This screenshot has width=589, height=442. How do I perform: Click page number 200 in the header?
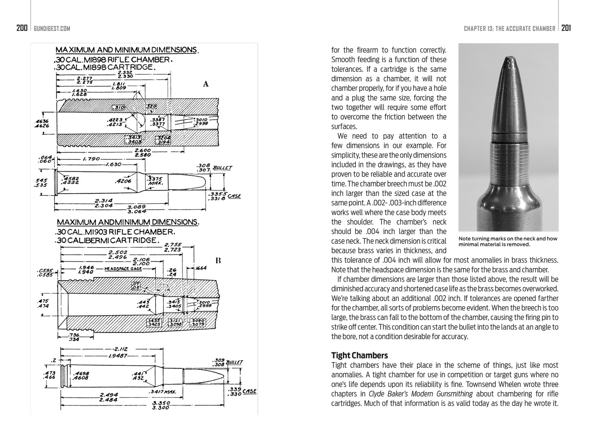[22, 28]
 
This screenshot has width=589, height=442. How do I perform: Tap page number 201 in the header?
[566, 28]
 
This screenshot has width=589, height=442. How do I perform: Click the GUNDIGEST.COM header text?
[52, 29]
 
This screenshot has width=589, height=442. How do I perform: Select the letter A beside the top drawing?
[206, 84]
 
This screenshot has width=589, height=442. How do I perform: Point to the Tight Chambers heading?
[360, 356]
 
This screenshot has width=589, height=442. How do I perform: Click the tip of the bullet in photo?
[510, 61]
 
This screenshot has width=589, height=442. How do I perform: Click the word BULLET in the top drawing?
[222, 168]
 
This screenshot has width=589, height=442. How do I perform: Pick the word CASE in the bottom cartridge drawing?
[249, 391]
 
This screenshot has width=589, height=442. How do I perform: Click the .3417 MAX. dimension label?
[162, 392]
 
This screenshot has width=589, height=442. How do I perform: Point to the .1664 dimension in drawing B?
[200, 268]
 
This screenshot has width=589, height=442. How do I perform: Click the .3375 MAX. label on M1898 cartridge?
[155, 181]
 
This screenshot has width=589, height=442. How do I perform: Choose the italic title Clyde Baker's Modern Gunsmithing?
[421, 394]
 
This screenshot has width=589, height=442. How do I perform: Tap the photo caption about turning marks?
[507, 241]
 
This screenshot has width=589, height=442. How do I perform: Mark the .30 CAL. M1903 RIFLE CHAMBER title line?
[115, 232]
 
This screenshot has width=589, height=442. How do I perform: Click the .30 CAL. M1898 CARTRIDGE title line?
[104, 67]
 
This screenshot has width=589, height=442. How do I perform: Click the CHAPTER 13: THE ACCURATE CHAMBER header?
[509, 29]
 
